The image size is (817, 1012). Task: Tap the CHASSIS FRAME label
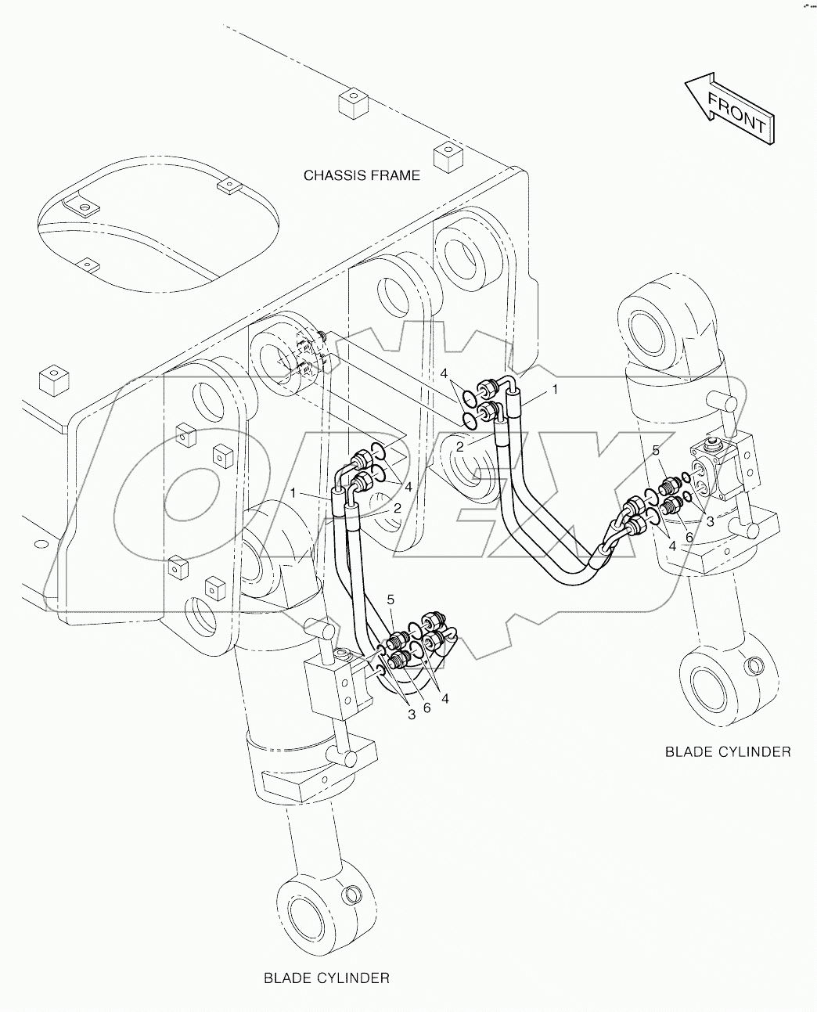point(362,175)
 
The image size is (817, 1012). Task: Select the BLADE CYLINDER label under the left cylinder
point(326,978)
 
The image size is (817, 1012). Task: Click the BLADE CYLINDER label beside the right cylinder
point(728,751)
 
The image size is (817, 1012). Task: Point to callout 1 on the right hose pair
point(555,389)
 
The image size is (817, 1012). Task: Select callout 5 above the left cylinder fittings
point(391,600)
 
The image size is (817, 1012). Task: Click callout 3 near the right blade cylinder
point(710,520)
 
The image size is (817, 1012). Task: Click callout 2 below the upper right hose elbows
point(461,446)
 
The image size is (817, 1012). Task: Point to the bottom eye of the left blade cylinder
point(321,913)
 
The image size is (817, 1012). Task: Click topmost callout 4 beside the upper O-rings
point(443,372)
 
